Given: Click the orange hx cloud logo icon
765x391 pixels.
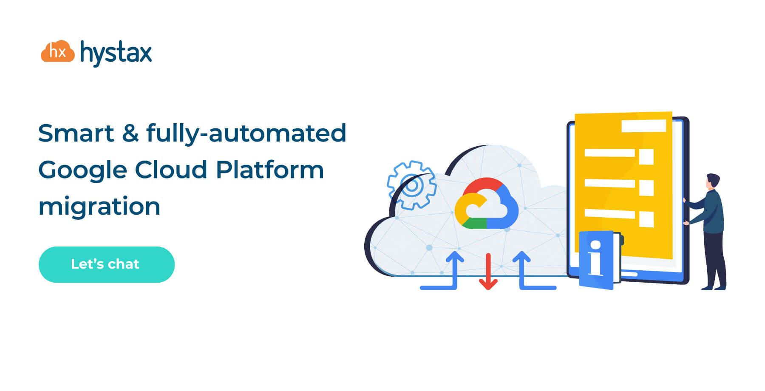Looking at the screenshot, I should coord(57,51).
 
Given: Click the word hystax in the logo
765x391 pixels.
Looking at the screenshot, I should coord(116,53).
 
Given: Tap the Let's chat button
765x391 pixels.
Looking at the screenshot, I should coord(106,264).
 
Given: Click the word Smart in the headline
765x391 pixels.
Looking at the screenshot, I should coord(76,133).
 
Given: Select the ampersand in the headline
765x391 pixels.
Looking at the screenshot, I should coord(130,133).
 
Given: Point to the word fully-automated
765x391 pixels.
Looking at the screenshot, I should coord(246,133).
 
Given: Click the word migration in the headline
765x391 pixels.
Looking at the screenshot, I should coord(99,207).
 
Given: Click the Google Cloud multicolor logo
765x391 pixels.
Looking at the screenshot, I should coord(486,204).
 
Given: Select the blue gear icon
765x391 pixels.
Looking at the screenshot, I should coord(411,185).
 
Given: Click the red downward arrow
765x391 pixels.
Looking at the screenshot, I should coord(488,272).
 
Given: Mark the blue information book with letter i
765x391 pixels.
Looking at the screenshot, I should coord(597,260).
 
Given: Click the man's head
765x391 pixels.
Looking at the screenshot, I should coord(713,181).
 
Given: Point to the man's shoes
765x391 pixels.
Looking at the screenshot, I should coord(714,288).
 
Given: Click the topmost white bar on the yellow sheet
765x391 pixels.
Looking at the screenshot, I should coord(643,126).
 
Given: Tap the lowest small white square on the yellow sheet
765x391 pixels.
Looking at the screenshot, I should coord(646,219).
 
